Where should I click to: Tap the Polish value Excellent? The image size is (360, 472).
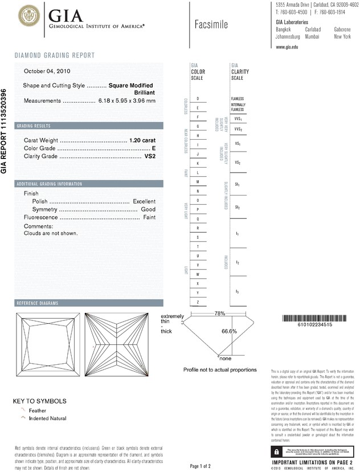coord(144,202)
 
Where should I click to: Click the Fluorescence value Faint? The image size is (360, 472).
coord(149,218)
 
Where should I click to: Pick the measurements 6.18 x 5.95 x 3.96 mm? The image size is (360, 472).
coord(126,100)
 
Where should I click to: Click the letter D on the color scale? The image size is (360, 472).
coord(198,99)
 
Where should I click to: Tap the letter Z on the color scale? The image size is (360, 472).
coord(198,301)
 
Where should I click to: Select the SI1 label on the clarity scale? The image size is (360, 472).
coord(237,185)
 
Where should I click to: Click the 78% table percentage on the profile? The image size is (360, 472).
coord(220,314)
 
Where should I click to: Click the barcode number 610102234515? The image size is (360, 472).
coord(316,324)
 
